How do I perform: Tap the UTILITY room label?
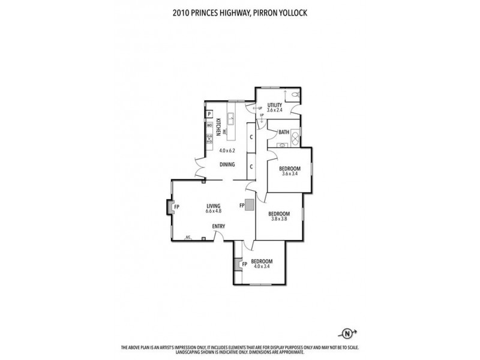click(275, 105)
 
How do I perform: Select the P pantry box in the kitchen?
click(209, 113)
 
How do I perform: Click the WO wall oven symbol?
click(209, 125)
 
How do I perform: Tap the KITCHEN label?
click(219, 127)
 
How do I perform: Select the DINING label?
click(227, 164)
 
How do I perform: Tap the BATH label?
click(284, 132)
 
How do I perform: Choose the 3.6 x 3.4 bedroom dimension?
click(289, 175)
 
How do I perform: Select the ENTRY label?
click(218, 226)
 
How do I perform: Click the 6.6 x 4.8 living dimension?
click(214, 211)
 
